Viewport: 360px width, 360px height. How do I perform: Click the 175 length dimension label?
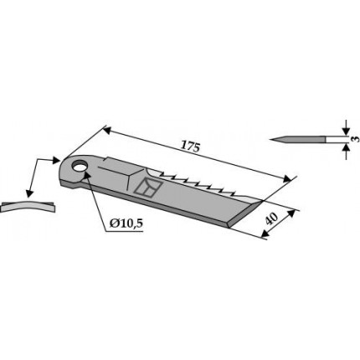[191, 147]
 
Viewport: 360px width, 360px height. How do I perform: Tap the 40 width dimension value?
[270, 219]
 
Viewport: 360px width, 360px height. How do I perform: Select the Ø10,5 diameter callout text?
[126, 223]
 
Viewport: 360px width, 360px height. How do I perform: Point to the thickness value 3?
[355, 139]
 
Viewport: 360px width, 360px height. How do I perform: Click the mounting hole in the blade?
[80, 166]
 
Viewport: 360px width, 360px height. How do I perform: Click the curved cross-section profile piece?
[28, 207]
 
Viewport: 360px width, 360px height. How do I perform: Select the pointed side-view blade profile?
[298, 139]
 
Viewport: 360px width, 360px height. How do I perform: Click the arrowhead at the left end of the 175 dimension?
[107, 130]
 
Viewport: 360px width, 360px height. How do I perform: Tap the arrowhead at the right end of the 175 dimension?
[286, 178]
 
